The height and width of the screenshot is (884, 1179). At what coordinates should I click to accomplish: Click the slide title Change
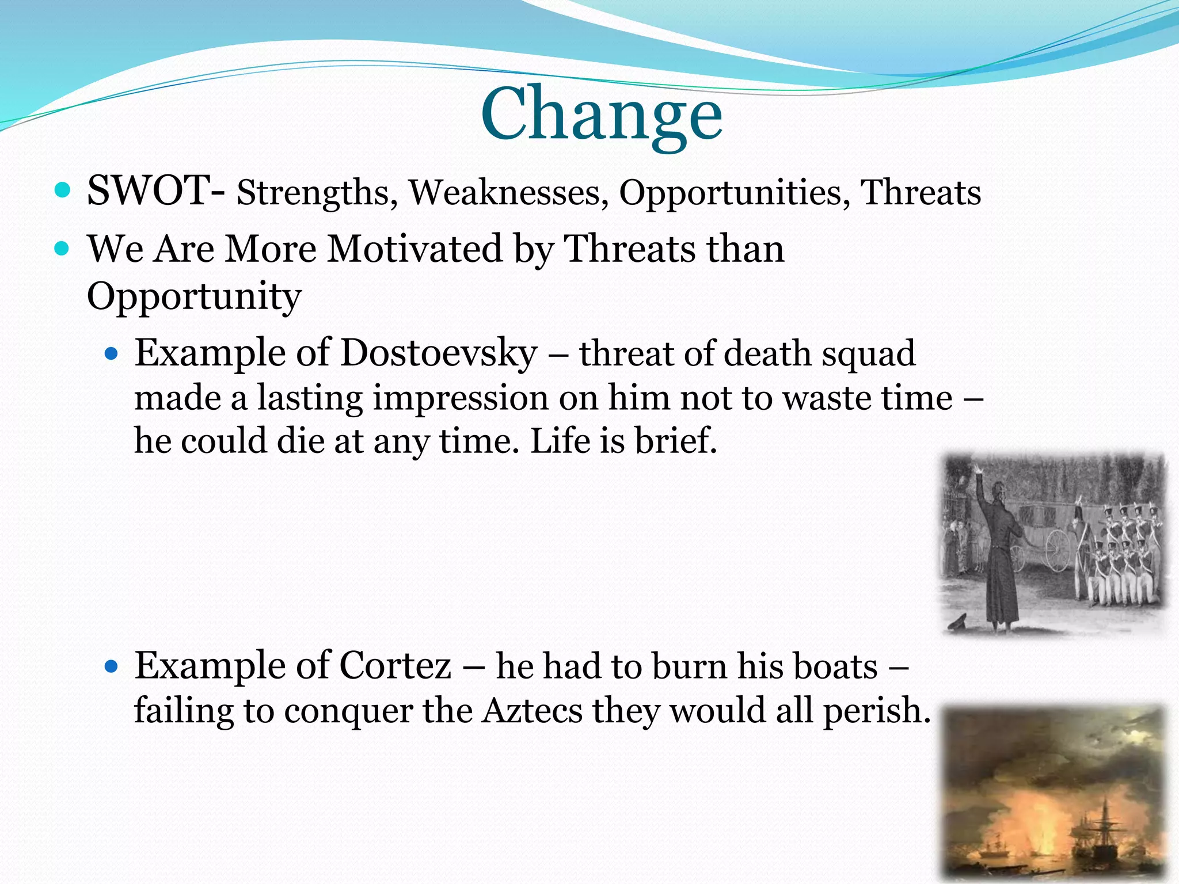pos(601,113)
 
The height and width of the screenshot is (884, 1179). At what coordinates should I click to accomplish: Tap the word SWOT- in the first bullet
pos(155,190)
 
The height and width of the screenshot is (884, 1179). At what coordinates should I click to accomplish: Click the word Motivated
pos(414,249)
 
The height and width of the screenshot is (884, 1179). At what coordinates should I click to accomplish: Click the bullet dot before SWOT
pos(62,189)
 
